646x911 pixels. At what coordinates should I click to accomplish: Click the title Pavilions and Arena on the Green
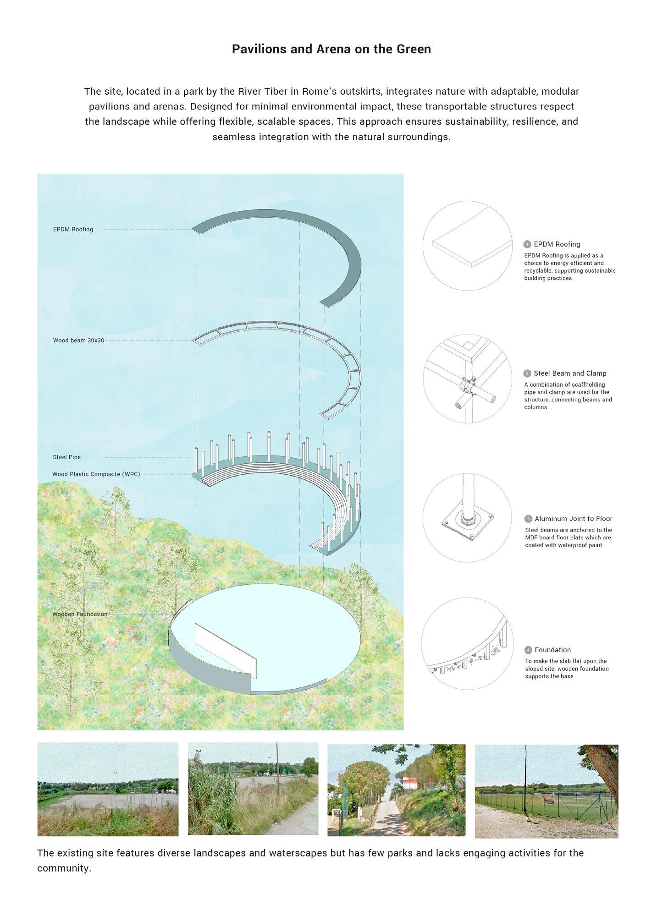point(331,49)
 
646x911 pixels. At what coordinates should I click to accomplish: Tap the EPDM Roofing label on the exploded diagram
point(73,229)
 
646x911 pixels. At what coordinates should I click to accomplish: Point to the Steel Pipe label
point(66,457)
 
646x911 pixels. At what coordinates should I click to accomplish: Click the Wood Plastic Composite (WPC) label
point(96,474)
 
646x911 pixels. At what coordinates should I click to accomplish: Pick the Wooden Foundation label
point(80,614)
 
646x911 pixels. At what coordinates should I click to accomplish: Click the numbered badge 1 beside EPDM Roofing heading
point(528,244)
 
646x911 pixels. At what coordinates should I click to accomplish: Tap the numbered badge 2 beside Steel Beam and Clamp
point(528,373)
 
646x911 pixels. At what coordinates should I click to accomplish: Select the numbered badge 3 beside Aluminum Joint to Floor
point(528,519)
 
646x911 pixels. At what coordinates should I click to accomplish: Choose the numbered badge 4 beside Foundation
point(528,650)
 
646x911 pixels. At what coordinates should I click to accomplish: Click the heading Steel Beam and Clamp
point(570,373)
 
